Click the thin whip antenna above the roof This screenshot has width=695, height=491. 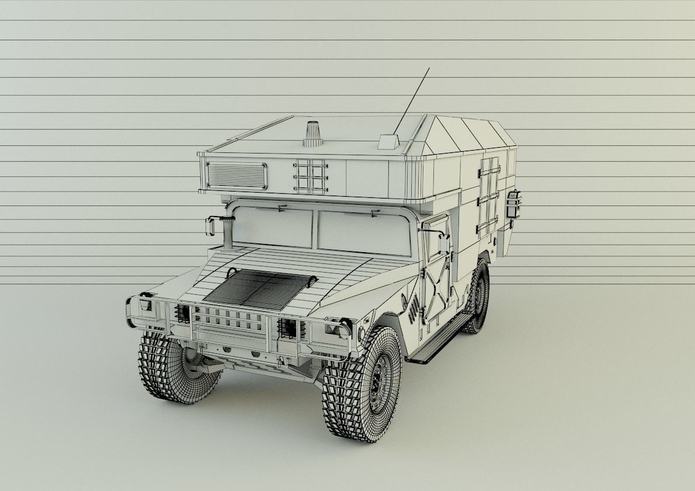pyautogui.click(x=412, y=100)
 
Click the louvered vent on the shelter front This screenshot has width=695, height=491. pyautogui.click(x=237, y=175)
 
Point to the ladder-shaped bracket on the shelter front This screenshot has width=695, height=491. pyautogui.click(x=310, y=176)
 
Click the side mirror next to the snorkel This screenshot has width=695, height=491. pyautogui.click(x=210, y=225)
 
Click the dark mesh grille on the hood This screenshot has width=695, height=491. pyautogui.click(x=257, y=289)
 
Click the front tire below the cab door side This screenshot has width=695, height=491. pyautogui.click(x=362, y=384)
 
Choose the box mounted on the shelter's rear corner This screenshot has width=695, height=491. pyautogui.click(x=513, y=204)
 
